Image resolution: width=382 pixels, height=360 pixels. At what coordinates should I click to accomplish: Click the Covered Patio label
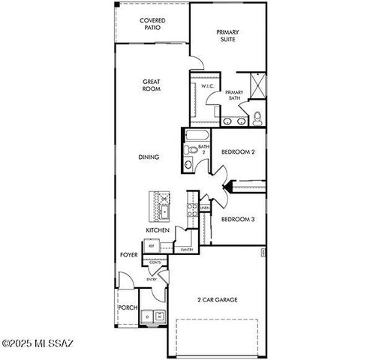(152, 24)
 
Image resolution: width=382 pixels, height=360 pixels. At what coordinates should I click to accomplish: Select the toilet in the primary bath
(257, 118)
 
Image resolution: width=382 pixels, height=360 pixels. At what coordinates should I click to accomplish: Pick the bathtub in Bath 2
(197, 135)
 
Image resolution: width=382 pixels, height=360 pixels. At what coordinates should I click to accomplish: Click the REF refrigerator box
(151, 245)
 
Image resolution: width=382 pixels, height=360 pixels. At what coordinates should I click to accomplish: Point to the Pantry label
(187, 249)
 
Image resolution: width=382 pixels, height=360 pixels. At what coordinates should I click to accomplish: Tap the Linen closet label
(204, 208)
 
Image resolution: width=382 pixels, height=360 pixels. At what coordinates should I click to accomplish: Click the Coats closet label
(155, 262)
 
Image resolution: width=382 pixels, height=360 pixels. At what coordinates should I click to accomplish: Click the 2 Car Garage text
(218, 300)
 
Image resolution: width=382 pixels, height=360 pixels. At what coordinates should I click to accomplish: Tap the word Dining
(148, 157)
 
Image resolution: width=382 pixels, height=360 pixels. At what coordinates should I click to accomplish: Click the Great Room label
(152, 85)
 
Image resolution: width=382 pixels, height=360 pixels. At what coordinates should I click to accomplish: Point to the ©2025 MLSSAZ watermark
(37, 343)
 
